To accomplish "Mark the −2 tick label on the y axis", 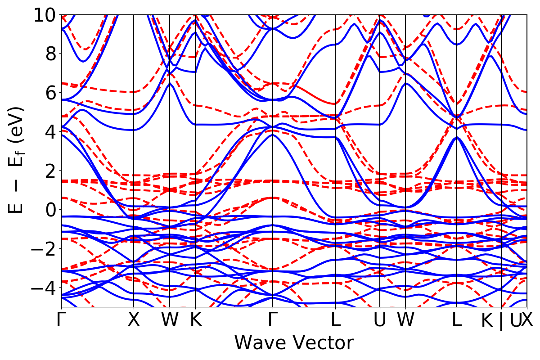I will [43, 248].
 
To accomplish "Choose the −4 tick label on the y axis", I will [43, 287].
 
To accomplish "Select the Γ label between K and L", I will [273, 320].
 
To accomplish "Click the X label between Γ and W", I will [134, 320].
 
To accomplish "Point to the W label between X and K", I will [170, 320].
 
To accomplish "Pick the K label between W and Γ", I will [195, 320].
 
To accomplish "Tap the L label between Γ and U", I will [335, 320].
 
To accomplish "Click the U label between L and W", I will [380, 320].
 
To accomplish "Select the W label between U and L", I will [406, 320].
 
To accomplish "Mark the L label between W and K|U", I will [457, 320].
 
